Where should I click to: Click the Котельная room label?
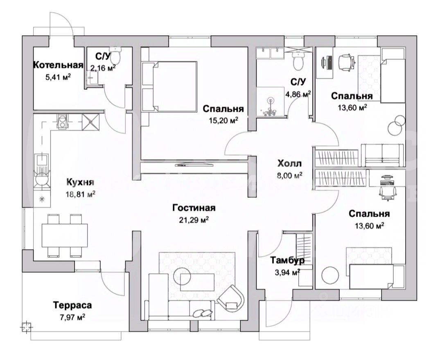point(58,65)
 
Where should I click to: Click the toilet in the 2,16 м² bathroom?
point(118,54)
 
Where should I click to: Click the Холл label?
point(289,164)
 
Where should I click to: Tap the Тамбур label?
point(287,260)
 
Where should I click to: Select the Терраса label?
point(72,305)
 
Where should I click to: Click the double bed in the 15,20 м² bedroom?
point(169,86)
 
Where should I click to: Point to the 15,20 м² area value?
point(223,120)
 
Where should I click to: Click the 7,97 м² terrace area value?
point(72,317)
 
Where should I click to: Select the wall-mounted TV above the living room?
point(194,165)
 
